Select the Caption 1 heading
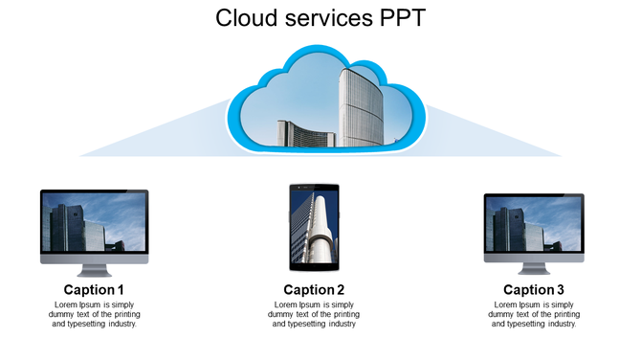pyautogui.click(x=94, y=290)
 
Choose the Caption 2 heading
pyautogui.click(x=314, y=290)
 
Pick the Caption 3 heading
pyautogui.click(x=534, y=290)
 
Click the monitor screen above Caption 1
pyautogui.click(x=94, y=222)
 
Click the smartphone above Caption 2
pyautogui.click(x=315, y=228)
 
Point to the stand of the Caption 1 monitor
pyautogui.click(x=94, y=268)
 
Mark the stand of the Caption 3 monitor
pyautogui.click(x=534, y=268)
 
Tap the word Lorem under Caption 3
pyautogui.click(x=504, y=304)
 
